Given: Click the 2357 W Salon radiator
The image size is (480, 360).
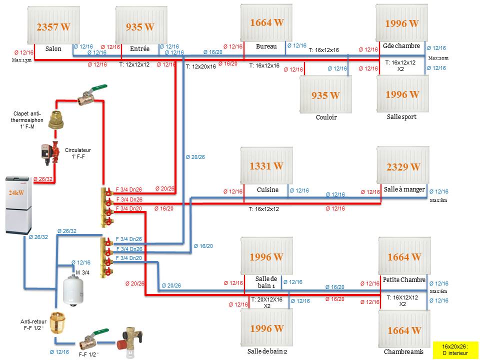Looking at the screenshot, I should (53, 25).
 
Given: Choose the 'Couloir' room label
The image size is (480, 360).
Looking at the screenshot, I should (326, 117).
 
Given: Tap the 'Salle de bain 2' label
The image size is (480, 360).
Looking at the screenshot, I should (267, 351).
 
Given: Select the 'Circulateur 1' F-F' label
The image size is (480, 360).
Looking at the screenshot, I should (78, 153).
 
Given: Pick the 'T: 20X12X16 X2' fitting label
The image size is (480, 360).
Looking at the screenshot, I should (267, 302).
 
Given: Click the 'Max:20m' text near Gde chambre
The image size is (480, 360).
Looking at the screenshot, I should (438, 58).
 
